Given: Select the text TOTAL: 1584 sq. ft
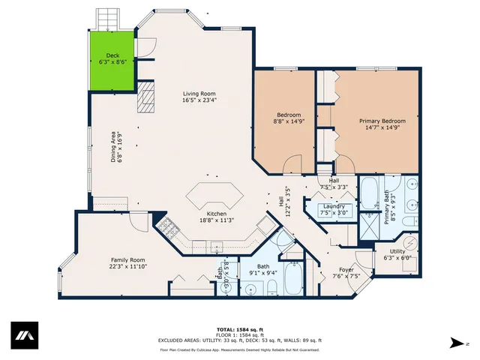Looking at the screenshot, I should coord(239,329).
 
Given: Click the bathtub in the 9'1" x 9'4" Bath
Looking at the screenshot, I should coord(293,281).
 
